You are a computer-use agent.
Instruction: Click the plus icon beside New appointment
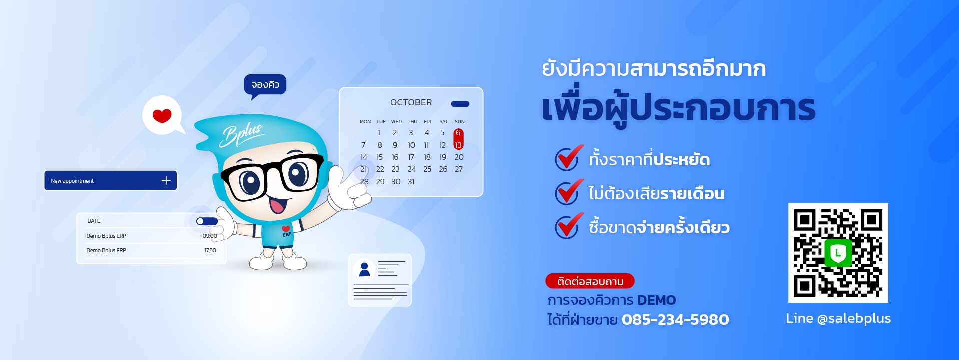pos(166,180)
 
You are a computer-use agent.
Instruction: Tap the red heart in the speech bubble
pos(162,116)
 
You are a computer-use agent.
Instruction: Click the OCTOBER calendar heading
pos(411,102)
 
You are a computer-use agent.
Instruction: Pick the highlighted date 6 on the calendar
pos(458,133)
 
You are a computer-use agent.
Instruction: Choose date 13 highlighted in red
pos(458,145)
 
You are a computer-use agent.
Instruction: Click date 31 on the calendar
pos(411,182)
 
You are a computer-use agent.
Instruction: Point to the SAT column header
pos(443,122)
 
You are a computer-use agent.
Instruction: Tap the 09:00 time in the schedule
pos(210,236)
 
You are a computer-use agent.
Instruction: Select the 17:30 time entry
pos(210,250)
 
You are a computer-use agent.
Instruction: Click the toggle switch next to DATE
pos(207,221)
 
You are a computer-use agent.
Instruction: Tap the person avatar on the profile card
pos(364,269)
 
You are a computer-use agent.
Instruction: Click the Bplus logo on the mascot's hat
pos(242,134)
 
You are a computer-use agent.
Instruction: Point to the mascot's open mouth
pos(277,204)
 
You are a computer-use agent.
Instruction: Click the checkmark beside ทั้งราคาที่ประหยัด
pos(569,158)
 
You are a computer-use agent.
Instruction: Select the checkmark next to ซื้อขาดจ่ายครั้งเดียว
pos(569,226)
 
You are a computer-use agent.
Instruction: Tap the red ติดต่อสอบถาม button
pos(590,281)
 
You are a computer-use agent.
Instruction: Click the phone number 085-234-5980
pos(675,319)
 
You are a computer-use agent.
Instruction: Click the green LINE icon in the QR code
pos(838,253)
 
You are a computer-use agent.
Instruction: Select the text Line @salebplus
pos(838,318)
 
